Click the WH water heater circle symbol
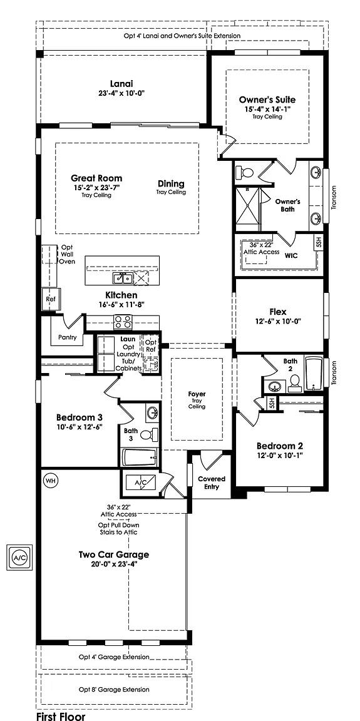[50, 481]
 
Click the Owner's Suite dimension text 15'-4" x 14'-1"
[267, 109]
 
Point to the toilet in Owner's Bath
[246, 173]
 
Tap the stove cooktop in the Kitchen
[123, 322]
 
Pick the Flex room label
[278, 310]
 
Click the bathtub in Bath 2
[313, 373]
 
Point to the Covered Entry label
[212, 483]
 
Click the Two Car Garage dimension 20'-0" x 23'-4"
[113, 564]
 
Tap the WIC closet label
[291, 255]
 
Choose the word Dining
[171, 183]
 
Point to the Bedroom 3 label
[79, 417]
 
